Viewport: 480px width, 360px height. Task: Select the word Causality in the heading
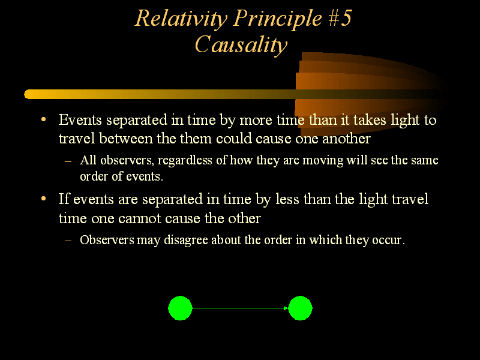coord(241,44)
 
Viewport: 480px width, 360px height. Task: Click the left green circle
coord(180,308)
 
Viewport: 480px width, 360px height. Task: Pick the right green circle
coord(300,308)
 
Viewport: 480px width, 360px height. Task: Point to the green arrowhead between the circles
coord(286,308)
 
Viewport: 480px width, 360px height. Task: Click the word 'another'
coord(348,139)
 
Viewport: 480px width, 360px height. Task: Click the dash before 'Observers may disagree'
coord(68,240)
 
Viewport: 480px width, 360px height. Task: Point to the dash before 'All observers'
coord(68,161)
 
